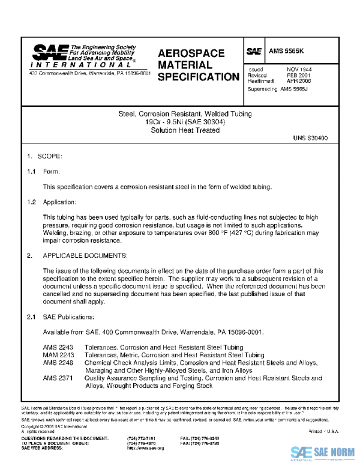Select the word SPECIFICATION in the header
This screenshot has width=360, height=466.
[x=198, y=77]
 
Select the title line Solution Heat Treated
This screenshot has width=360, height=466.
[x=177, y=129]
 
